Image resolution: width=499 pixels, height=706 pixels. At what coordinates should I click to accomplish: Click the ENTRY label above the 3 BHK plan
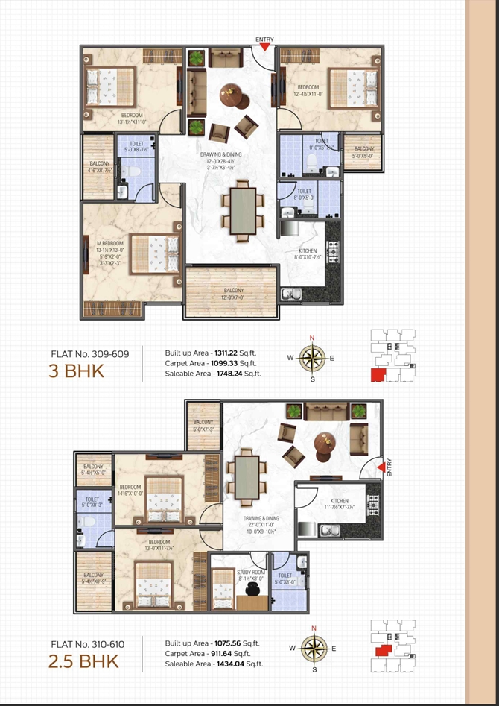264,39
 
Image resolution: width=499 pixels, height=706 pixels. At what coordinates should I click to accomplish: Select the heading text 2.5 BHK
83,660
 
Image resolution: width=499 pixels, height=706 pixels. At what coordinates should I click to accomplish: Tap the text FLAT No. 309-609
89,354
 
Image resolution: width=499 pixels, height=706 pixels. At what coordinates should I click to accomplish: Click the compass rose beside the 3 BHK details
312,358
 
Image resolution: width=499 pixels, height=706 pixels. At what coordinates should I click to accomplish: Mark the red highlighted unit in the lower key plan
382,649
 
